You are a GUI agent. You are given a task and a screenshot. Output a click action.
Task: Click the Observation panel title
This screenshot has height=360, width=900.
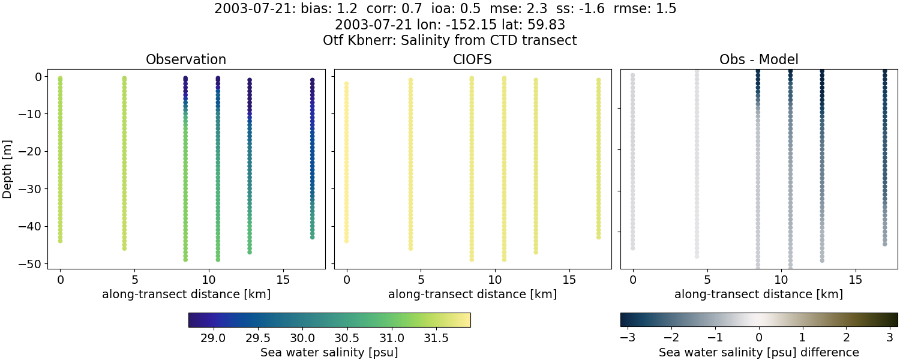coord(186,60)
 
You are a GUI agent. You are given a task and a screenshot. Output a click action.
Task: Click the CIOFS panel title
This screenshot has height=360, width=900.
coord(472,60)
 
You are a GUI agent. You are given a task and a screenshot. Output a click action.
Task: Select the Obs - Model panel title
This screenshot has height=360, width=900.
coord(758,60)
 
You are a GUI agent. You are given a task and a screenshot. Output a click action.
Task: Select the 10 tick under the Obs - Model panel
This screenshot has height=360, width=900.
coord(781,280)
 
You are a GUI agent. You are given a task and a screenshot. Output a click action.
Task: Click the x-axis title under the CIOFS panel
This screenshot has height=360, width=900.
coord(472,295)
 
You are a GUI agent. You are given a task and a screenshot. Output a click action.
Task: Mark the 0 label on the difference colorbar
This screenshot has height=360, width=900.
coord(759,338)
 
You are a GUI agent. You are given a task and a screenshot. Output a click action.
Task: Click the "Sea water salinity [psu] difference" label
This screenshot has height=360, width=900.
coord(759,352)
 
